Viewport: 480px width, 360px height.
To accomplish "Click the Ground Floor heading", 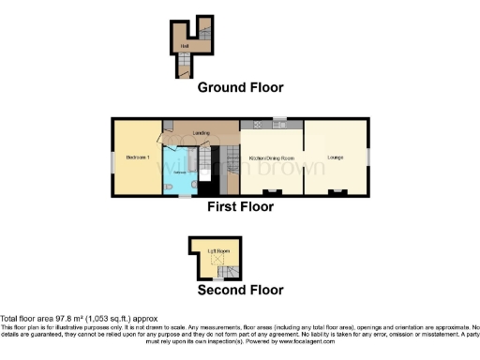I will pos(240,87).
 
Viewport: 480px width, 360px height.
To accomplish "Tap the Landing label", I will pos(200,133).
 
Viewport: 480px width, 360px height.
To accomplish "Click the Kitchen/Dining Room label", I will pos(271,158).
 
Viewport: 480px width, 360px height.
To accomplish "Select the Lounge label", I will pos(334,158).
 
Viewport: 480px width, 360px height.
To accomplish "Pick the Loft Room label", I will pos(217,251).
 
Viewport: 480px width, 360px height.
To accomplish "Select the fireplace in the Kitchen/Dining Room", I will pos(271,192).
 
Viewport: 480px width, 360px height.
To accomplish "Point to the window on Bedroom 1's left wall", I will pos(112,157).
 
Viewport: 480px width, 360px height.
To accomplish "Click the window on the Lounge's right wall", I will pos(367,155).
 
